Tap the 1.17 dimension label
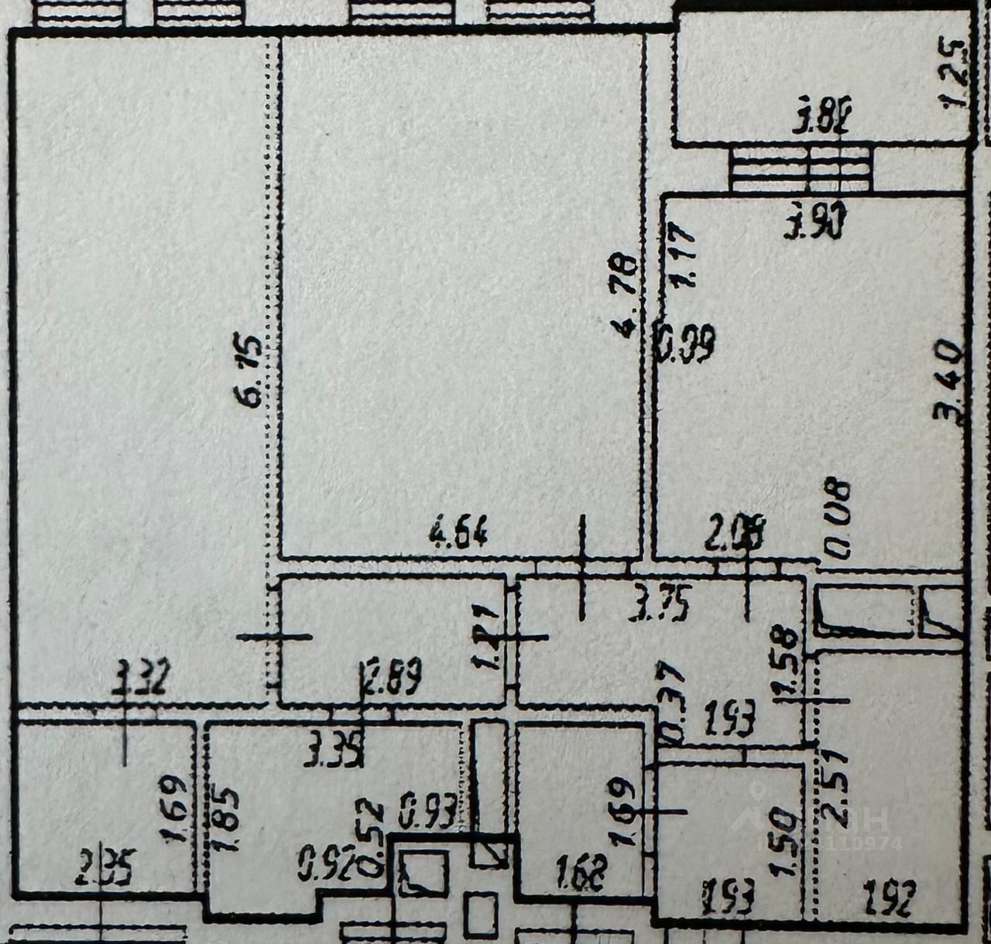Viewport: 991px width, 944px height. (x=684, y=255)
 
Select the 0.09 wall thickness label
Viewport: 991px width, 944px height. (x=685, y=344)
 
